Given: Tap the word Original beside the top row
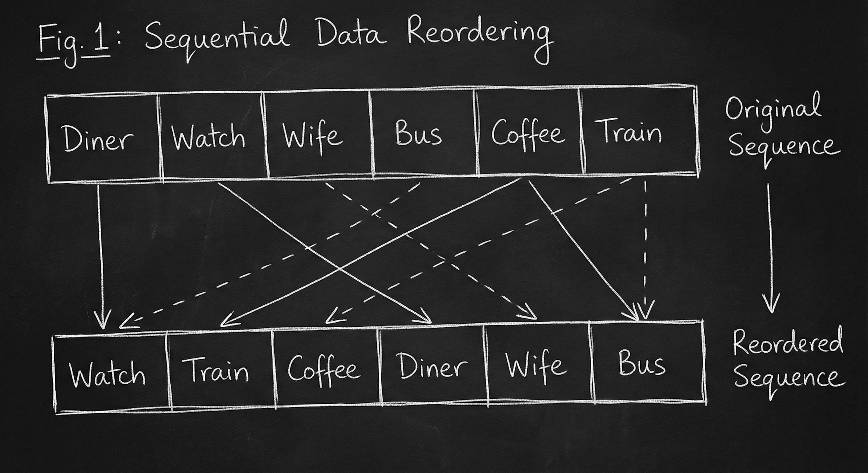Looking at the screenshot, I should pos(773,109).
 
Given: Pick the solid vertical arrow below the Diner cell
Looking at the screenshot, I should pos(100,256).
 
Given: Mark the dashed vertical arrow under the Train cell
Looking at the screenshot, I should pos(645,249).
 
